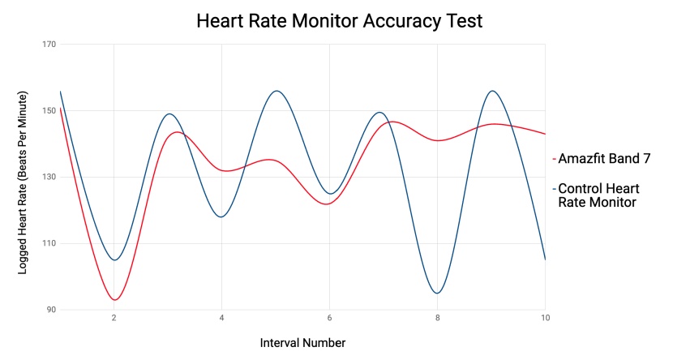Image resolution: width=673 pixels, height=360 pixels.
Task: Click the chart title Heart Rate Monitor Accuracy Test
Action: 339,21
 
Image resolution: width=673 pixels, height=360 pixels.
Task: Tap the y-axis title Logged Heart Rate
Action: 23,183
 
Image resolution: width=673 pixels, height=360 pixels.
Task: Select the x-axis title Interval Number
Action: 302,342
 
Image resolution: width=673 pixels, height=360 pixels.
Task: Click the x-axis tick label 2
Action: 114,319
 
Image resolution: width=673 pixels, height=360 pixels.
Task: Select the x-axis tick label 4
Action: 222,319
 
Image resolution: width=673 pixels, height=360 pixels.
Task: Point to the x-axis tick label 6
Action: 329,319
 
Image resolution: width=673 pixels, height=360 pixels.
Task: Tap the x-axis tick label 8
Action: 437,319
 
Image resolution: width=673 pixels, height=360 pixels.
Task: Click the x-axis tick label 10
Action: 545,319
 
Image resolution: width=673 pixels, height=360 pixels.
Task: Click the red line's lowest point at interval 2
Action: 115,300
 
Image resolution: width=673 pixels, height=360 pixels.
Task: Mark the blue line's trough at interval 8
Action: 438,293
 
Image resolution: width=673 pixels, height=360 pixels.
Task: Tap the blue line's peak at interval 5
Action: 276,91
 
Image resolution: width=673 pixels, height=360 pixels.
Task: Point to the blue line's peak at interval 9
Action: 491,91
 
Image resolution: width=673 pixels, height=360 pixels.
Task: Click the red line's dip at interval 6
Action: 327,204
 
